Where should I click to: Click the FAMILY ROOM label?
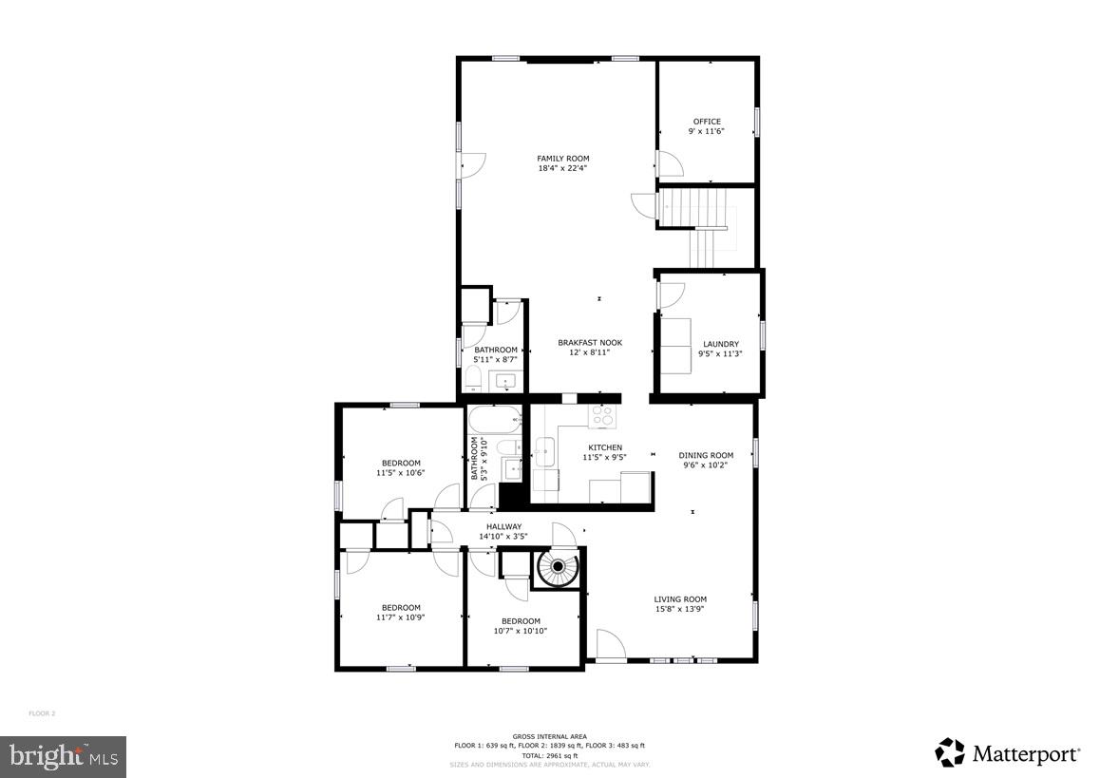562,159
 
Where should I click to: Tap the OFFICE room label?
707,122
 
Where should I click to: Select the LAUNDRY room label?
720,344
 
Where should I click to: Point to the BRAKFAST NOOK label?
589,343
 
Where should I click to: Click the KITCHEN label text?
605,447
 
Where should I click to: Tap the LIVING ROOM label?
680,599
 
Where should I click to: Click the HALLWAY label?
503,526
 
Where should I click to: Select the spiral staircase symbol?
557,569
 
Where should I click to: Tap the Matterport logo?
1008,753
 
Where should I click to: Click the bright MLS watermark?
63,756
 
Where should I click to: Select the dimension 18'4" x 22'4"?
562,169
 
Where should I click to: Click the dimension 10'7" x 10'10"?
521,632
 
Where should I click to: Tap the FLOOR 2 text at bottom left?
42,713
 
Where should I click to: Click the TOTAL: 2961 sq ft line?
549,755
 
